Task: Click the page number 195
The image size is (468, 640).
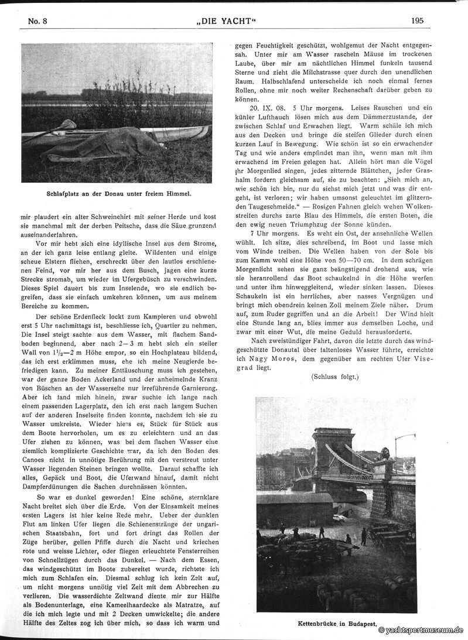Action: (417, 20)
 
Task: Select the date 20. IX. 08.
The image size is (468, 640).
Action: (271, 108)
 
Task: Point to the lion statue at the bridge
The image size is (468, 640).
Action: (385, 453)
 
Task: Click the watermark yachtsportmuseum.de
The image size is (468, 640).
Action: (421, 630)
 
